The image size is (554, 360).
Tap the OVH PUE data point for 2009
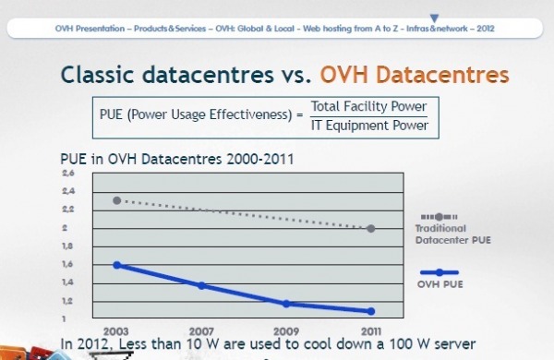pos(286,304)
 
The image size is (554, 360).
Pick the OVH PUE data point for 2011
pos(371,311)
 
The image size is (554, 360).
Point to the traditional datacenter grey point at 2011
pos(371,228)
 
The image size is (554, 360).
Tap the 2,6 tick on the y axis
pos(67,174)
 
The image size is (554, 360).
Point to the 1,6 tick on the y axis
pos(67,265)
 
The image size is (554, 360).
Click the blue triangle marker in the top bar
pos(434,18)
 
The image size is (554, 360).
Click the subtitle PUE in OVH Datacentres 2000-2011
pos(176,160)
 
